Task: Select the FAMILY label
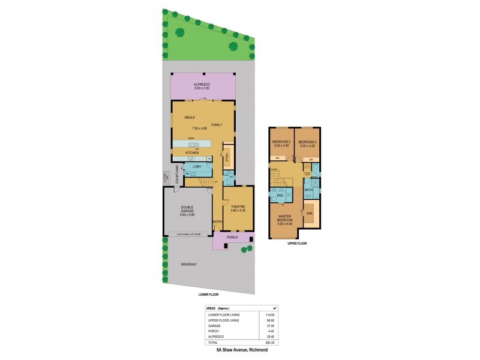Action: pyautogui.click(x=217, y=125)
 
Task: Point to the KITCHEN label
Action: pyautogui.click(x=192, y=153)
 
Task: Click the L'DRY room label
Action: pyautogui.click(x=196, y=167)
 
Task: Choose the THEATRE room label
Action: pyautogui.click(x=238, y=207)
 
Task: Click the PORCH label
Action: pyautogui.click(x=233, y=238)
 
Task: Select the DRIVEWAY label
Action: pyautogui.click(x=190, y=264)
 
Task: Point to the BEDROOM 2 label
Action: pyautogui.click(x=281, y=142)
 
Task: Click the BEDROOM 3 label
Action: pyautogui.click(x=308, y=142)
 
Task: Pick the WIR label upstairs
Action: pyautogui.click(x=309, y=212)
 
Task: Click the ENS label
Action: pyautogui.click(x=280, y=196)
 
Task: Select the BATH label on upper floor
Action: pyautogui.click(x=308, y=190)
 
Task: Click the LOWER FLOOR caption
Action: pyautogui.click(x=208, y=295)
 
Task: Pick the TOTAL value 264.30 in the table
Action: pyautogui.click(x=269, y=342)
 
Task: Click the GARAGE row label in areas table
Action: pyautogui.click(x=215, y=326)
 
